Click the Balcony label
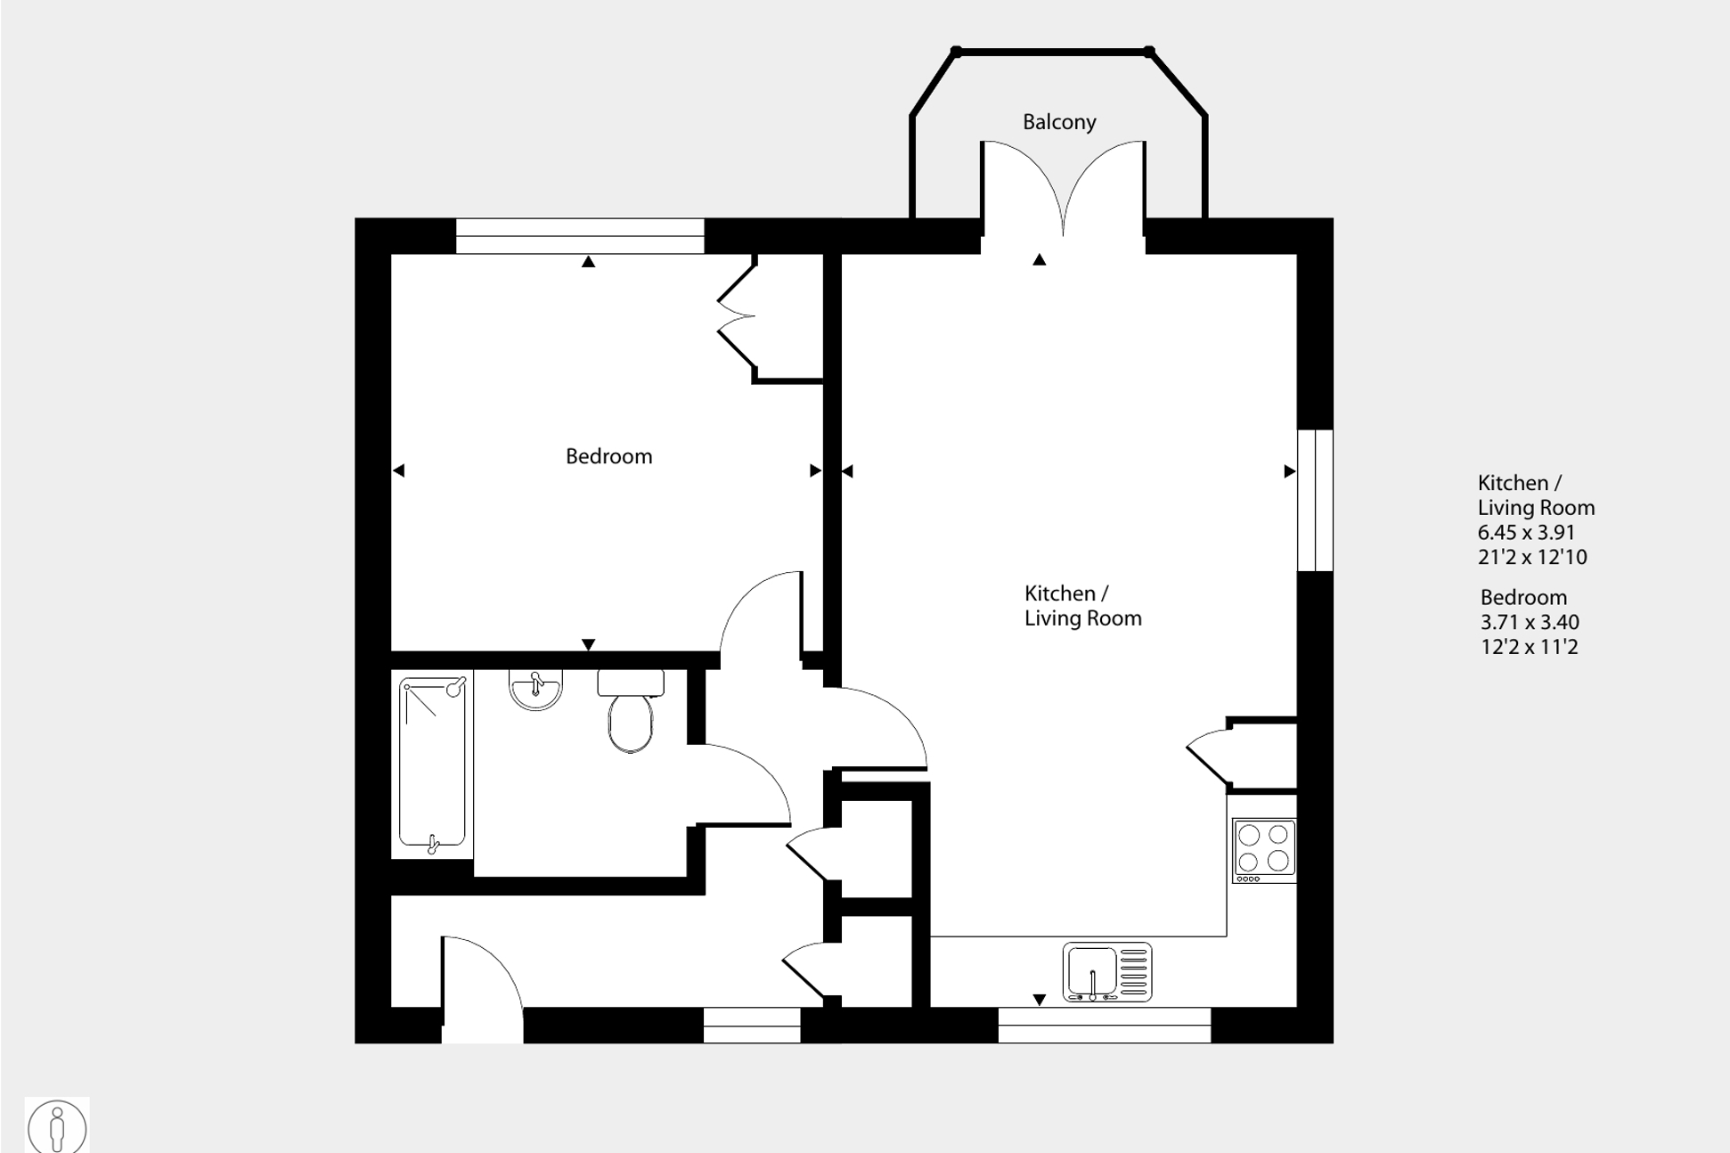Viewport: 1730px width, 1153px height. coord(1058,122)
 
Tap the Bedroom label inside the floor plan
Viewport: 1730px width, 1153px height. coord(608,456)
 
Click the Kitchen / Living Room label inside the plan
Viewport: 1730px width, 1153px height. coord(1081,606)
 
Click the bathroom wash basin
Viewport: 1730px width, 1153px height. coord(535,689)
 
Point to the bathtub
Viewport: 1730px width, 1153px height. coord(432,762)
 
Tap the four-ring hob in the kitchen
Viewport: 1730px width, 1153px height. coord(1263,849)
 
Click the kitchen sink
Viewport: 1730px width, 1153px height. coord(1106,972)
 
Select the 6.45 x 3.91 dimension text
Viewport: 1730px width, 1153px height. coord(1526,533)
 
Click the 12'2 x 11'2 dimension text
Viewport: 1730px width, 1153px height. coord(1529,647)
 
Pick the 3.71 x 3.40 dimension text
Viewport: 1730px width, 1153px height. coord(1529,622)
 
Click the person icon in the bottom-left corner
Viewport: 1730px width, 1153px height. coord(57,1127)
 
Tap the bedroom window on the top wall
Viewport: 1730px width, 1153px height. coord(580,236)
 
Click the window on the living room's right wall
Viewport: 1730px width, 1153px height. coord(1315,500)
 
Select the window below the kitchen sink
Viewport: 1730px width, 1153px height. coord(1104,1025)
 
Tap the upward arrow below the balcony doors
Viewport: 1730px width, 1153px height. coord(1039,260)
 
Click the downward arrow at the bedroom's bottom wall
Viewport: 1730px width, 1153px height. coord(588,643)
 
